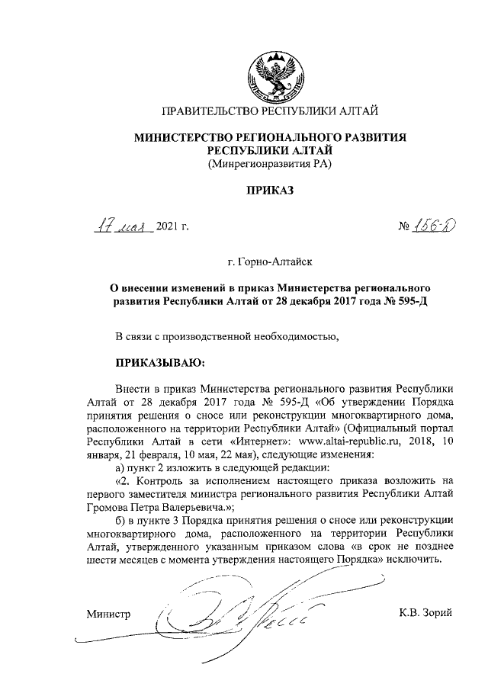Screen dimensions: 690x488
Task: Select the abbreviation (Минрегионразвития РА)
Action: tap(270, 163)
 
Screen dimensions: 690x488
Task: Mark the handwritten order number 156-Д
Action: tap(431, 226)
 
